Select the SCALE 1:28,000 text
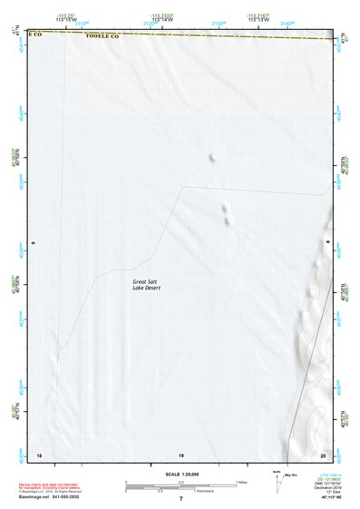180,475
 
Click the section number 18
38,454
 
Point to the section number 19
180,454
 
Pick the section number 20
323,454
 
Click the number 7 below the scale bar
180,498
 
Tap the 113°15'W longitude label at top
64,19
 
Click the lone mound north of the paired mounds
213,157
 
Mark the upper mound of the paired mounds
225,208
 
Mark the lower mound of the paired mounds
226,219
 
